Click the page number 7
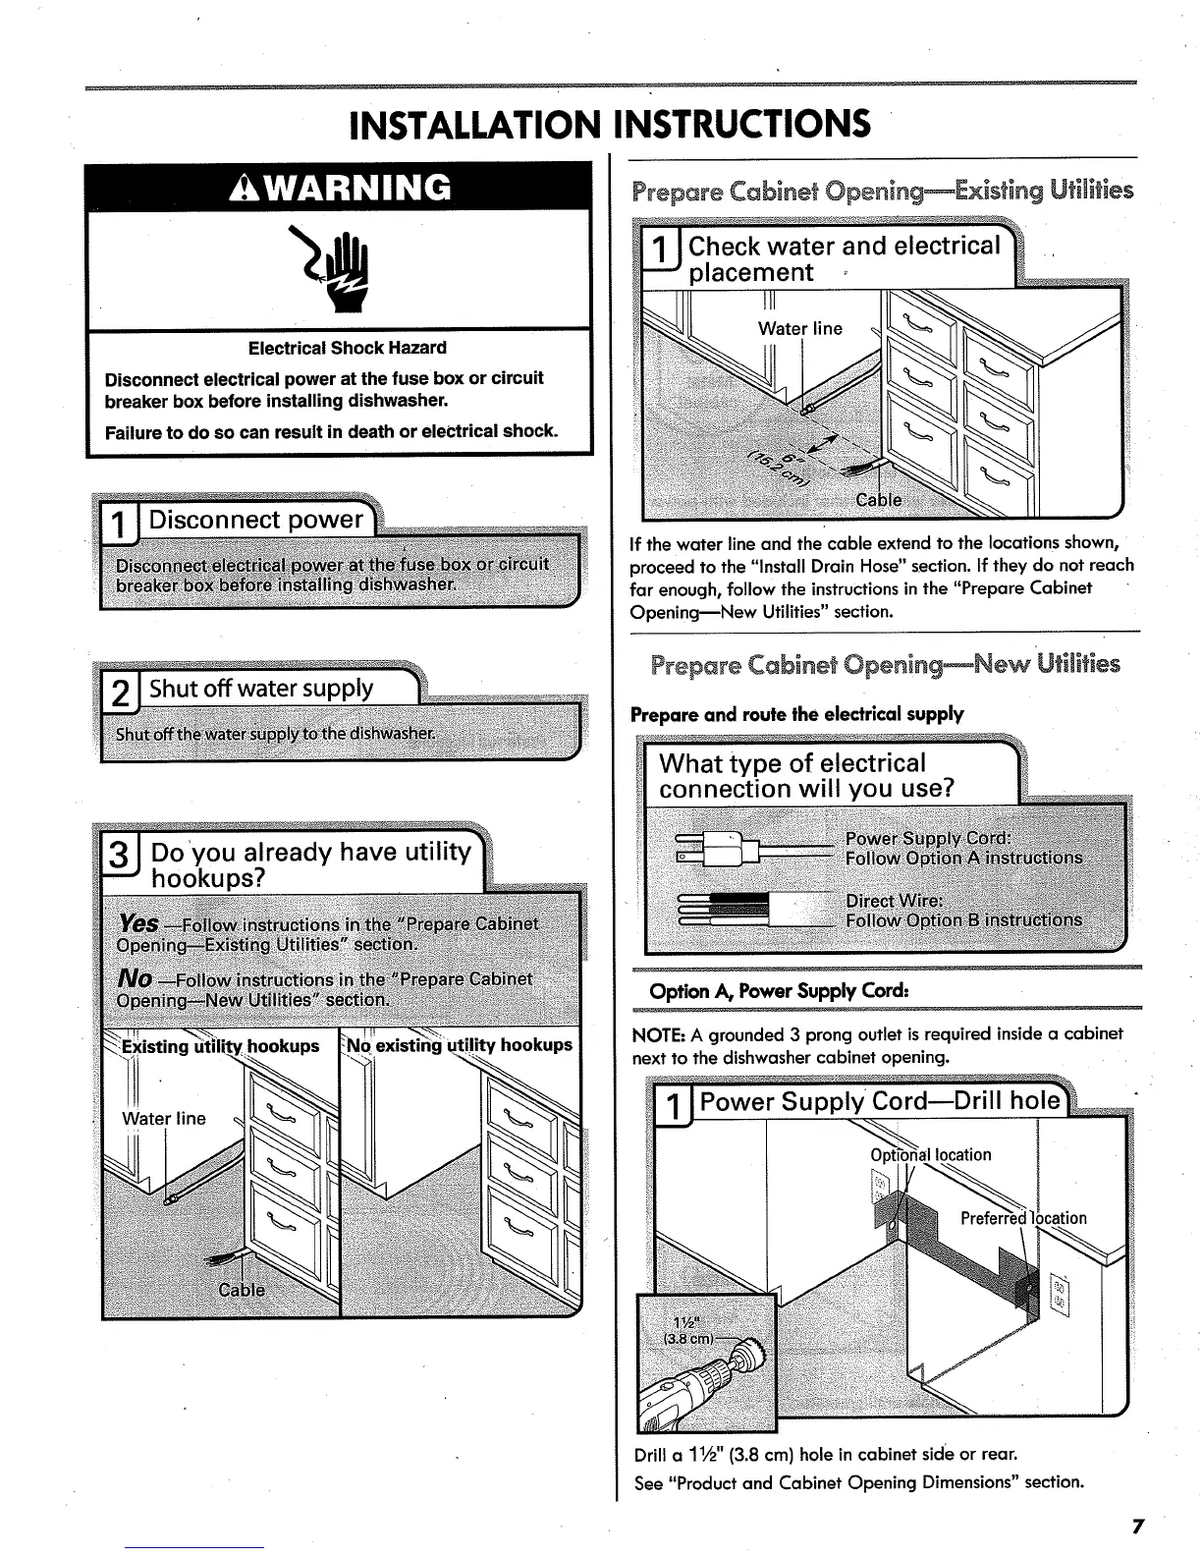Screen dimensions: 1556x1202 pos(1138,1527)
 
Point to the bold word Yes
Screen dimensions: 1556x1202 pos(137,923)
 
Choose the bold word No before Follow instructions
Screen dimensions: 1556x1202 pos(134,978)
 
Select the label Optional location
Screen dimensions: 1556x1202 pos(931,1154)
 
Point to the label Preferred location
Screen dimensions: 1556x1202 pos(1023,1218)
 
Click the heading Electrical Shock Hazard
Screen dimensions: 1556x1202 pos(347,348)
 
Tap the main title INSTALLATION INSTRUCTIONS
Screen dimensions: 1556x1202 pos(609,125)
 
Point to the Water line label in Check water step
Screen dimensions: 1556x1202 pos(799,328)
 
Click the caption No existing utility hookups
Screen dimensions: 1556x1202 pos(460,1045)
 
